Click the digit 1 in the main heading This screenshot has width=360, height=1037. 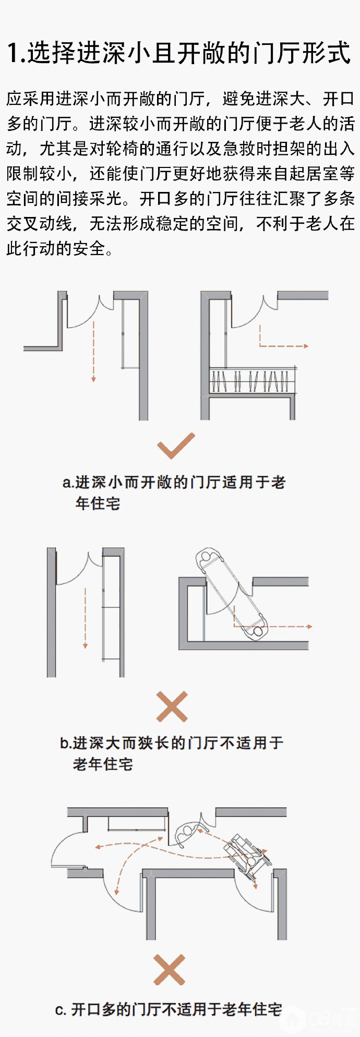[x=13, y=53]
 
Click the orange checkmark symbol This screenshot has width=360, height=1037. [x=176, y=446]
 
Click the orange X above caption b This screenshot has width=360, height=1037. [x=172, y=707]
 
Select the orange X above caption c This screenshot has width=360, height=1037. [x=170, y=970]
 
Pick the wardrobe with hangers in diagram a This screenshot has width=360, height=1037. [x=253, y=381]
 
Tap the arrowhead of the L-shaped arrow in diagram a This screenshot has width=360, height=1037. [x=305, y=346]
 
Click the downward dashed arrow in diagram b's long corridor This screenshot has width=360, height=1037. [x=85, y=618]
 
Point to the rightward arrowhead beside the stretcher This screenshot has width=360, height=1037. [x=309, y=626]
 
